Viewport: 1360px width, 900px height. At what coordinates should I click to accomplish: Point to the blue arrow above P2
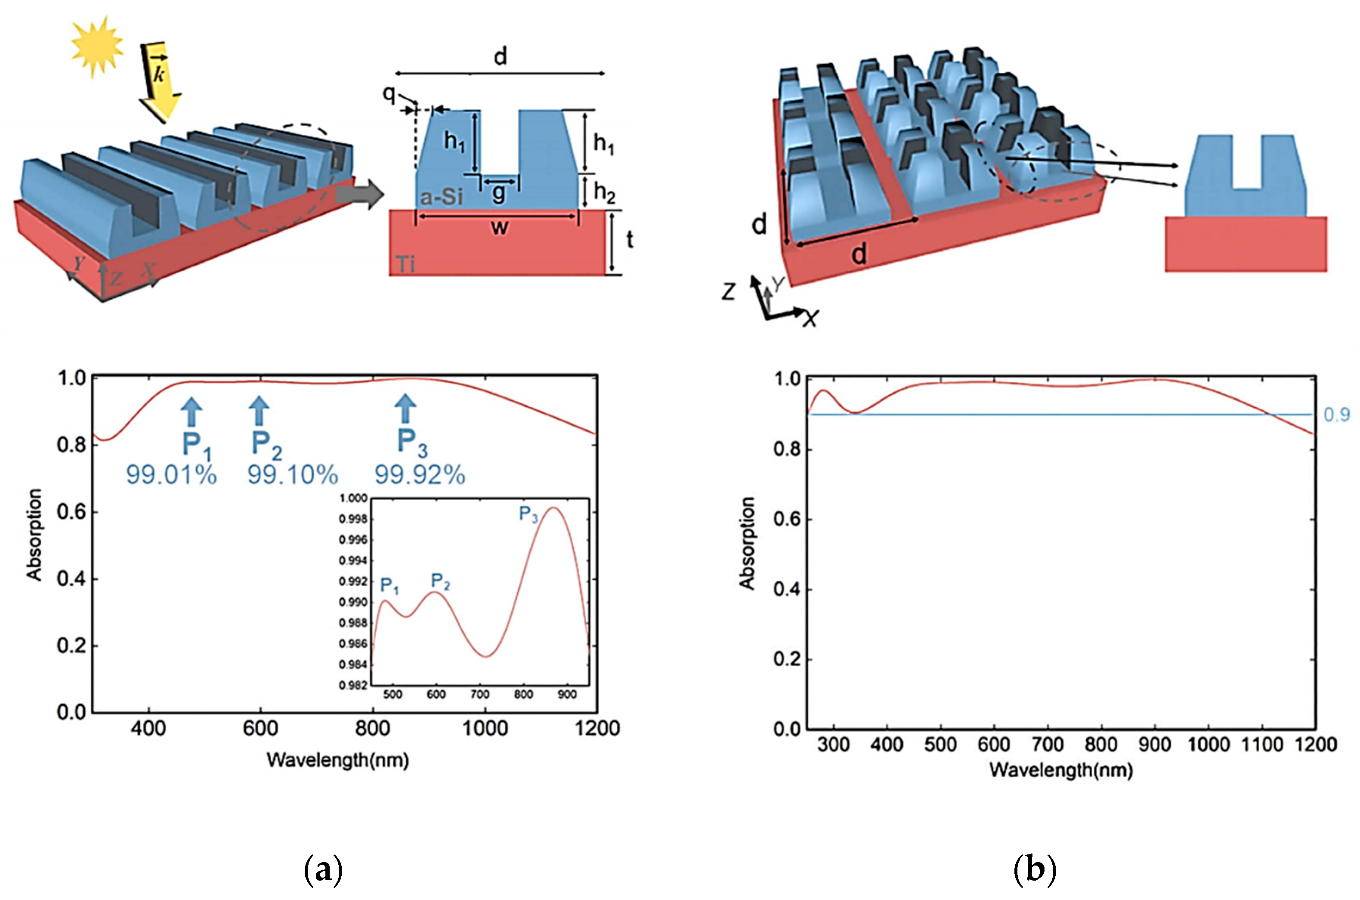[x=260, y=410]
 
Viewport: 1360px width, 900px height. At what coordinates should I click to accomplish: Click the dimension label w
[x=499, y=227]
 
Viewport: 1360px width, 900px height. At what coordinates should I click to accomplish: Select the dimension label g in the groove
[x=499, y=193]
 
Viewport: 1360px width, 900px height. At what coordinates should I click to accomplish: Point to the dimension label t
[x=630, y=240]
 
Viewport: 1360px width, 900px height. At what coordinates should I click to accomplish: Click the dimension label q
[x=389, y=93]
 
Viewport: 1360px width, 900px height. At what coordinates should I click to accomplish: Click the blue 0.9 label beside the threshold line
[x=1336, y=414]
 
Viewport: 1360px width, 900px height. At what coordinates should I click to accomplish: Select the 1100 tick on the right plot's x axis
[x=1261, y=745]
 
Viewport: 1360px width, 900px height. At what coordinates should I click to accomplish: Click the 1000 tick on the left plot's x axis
[x=485, y=729]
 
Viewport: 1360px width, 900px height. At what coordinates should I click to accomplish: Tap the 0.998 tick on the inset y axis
[x=353, y=520]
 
